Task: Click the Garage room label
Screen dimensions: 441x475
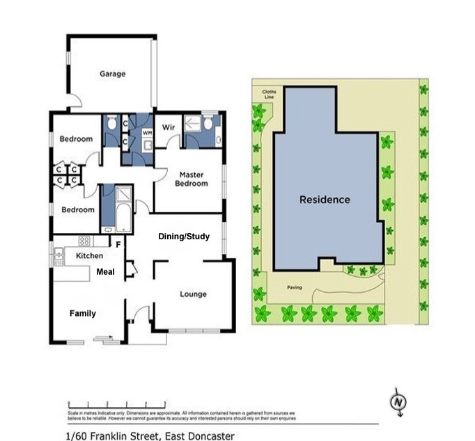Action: point(112,74)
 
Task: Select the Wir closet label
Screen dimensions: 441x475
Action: point(167,128)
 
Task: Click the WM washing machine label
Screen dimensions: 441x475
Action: point(147,132)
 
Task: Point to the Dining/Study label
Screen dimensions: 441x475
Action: point(184,236)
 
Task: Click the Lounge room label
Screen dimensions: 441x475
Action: point(193,294)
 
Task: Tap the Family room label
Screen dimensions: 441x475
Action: point(82,314)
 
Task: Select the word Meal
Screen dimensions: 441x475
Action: point(105,272)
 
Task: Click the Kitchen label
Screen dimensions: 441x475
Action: point(88,256)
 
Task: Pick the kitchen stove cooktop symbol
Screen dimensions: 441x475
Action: point(84,241)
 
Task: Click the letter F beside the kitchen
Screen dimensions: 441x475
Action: point(118,245)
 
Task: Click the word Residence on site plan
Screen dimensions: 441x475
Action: point(325,200)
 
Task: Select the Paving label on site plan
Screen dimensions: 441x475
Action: point(295,287)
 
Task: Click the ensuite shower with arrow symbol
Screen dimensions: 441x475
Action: point(193,126)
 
